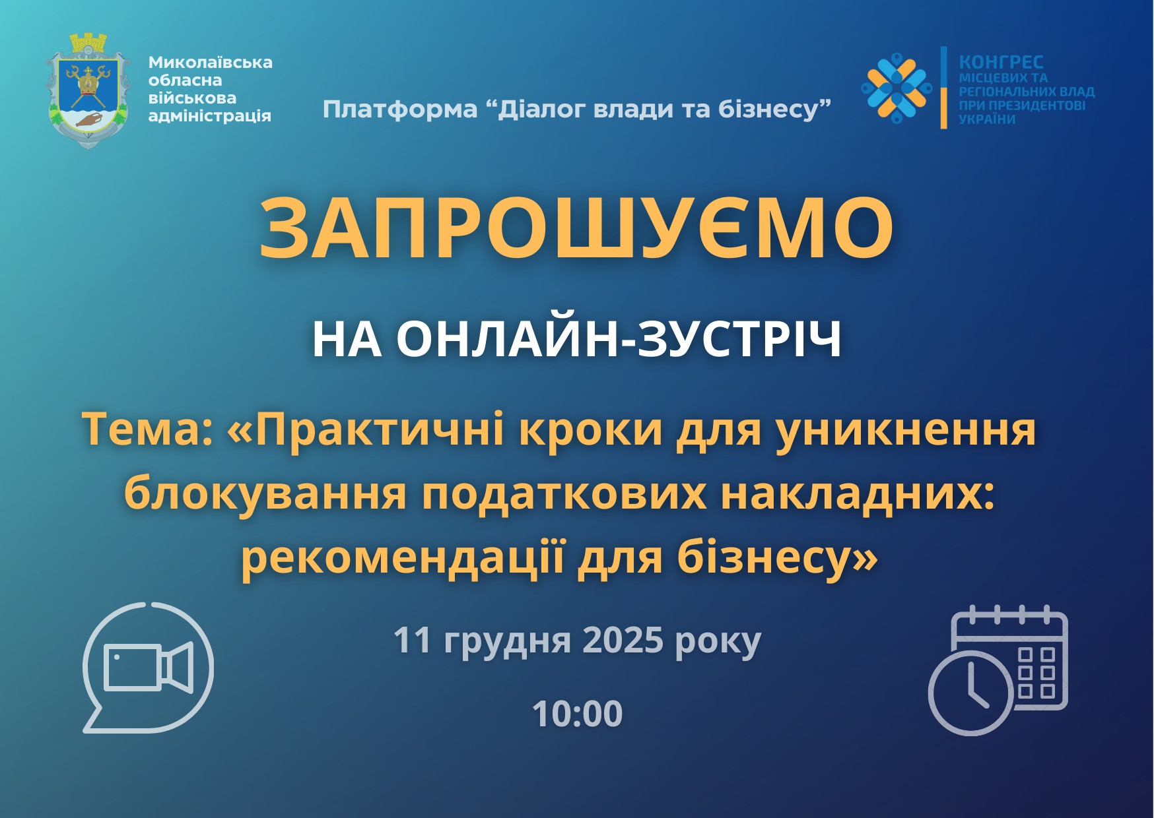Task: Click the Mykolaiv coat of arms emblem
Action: point(89,90)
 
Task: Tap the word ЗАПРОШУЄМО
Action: point(576,228)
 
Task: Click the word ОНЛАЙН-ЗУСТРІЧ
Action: point(619,340)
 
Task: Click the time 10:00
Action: point(577,714)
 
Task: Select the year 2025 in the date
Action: point(623,640)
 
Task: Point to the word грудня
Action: point(507,642)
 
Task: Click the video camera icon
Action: point(149,667)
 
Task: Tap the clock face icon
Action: point(970,693)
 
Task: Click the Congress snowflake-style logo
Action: point(897,87)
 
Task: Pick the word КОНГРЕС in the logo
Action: point(1001,62)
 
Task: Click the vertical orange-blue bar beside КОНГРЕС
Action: point(943,87)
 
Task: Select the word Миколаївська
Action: point(210,63)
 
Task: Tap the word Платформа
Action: point(400,109)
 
